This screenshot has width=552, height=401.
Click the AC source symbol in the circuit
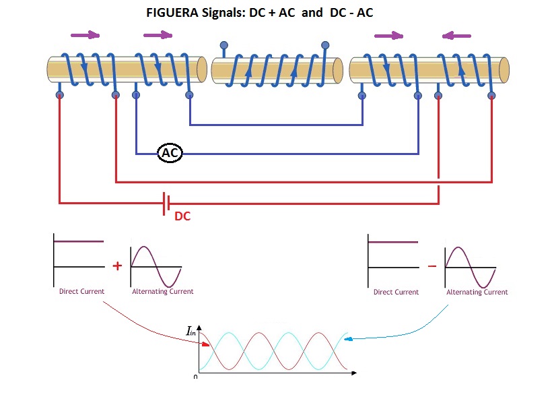pyautogui.click(x=170, y=153)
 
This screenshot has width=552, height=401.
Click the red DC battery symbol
pyautogui.click(x=166, y=204)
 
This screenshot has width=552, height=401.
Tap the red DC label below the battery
pyautogui.click(x=182, y=216)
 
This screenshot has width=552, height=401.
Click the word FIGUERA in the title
pyautogui.click(x=172, y=13)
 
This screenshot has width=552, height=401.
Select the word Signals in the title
pyautogui.click(x=223, y=13)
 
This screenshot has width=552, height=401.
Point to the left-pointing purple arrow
pyautogui.click(x=456, y=36)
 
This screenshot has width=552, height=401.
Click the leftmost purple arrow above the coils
pyautogui.click(x=85, y=35)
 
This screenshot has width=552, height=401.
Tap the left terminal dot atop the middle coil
pyautogui.click(x=224, y=45)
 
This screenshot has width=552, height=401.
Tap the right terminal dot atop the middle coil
pyautogui.click(x=325, y=45)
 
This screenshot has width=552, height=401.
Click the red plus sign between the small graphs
pyautogui.click(x=117, y=266)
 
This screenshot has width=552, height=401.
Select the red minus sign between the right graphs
pyautogui.click(x=432, y=266)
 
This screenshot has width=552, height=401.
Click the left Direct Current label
pyautogui.click(x=81, y=291)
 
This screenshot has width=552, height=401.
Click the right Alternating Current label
pyautogui.click(x=477, y=292)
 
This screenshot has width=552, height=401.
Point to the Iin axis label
pyautogui.click(x=191, y=331)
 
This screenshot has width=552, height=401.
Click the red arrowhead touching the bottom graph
pyautogui.click(x=205, y=344)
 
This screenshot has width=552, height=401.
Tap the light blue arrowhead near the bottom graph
pyautogui.click(x=348, y=339)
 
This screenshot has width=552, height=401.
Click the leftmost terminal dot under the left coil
pyautogui.click(x=60, y=95)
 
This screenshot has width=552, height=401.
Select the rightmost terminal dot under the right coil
pyautogui.click(x=491, y=96)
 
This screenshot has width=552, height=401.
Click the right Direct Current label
pyautogui.click(x=396, y=292)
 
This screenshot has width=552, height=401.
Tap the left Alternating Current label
pyautogui.click(x=163, y=291)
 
